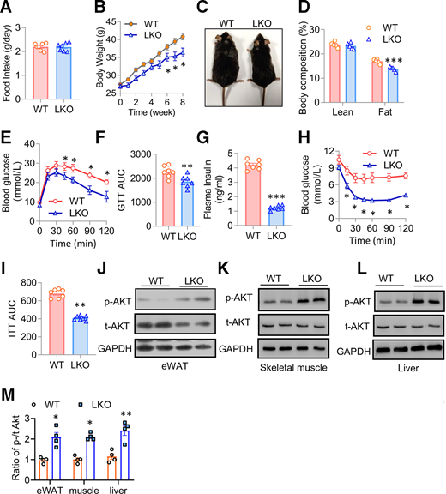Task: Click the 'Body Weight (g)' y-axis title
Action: [111, 48]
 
